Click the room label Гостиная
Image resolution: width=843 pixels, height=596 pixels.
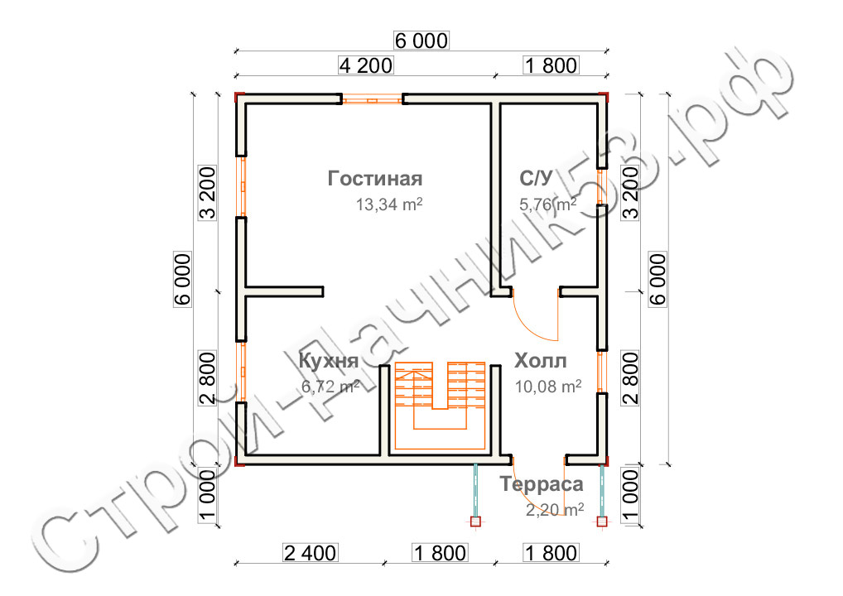[x=375, y=179]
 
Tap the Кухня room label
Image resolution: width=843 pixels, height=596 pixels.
[x=329, y=361]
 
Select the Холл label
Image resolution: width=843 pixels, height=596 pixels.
[x=540, y=361]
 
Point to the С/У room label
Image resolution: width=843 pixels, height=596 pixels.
[x=536, y=178]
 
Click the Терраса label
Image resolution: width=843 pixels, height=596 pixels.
[x=542, y=484]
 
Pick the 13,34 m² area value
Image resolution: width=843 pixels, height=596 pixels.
[x=389, y=204]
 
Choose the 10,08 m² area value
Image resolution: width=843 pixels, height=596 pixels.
[x=548, y=387]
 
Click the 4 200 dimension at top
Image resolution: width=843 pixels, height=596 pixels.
[x=365, y=65]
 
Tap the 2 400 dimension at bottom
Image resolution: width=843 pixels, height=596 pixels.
[x=311, y=553]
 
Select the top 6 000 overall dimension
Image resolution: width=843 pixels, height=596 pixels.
[x=421, y=41]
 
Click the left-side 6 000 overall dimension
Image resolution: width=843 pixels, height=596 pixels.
[x=183, y=280]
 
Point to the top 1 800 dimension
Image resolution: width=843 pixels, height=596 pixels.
[x=551, y=65]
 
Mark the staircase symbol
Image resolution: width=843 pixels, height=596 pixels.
[x=441, y=406]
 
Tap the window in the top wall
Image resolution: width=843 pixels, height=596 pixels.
[x=372, y=99]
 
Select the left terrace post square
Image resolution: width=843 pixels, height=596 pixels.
[x=475, y=521]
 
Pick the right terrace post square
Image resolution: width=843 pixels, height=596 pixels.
[x=601, y=521]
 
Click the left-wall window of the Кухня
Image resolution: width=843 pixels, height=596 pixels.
[x=242, y=372]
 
